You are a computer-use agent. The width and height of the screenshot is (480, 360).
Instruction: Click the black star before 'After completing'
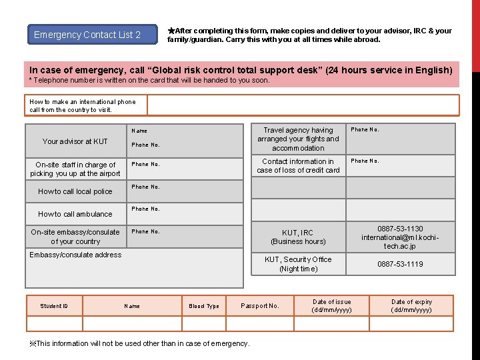coord(171,31)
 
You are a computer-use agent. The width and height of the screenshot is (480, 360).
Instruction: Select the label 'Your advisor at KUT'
coord(75,141)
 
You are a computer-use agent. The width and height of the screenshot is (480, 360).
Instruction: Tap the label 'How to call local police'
coord(75,191)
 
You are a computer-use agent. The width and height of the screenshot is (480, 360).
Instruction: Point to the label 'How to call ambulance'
coord(75,214)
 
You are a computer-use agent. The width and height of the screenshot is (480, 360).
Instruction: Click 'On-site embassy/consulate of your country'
coord(75,237)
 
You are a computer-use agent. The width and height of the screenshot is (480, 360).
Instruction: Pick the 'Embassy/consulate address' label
coord(75,255)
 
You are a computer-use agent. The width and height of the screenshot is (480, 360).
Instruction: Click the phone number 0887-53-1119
coord(400,264)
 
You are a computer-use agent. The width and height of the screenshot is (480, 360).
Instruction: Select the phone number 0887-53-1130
coord(400,229)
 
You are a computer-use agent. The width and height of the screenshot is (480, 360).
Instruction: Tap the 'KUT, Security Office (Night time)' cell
coord(298,264)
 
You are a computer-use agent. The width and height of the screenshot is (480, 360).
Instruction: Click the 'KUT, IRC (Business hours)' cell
coord(298,237)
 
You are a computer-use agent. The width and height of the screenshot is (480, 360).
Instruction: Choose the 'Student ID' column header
coord(54,306)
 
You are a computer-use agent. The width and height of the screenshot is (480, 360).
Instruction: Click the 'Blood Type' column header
coord(204,306)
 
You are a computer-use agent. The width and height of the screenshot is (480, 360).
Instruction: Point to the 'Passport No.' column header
coord(260,306)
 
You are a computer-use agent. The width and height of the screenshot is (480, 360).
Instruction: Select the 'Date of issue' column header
coord(331,306)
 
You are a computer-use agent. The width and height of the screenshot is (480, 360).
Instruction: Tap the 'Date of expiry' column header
coord(411,306)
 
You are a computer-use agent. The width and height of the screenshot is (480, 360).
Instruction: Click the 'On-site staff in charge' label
coord(75,169)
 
